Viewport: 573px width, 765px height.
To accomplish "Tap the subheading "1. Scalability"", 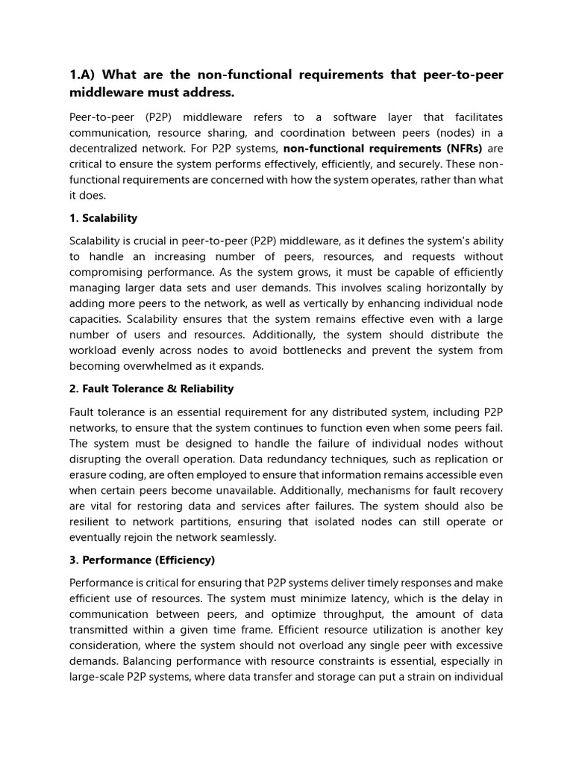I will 103,218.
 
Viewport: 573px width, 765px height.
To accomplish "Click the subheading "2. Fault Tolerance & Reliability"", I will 151,388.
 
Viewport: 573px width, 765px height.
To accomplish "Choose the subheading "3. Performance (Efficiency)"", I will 142,559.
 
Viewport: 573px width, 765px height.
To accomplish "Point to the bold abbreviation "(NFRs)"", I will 464,148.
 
